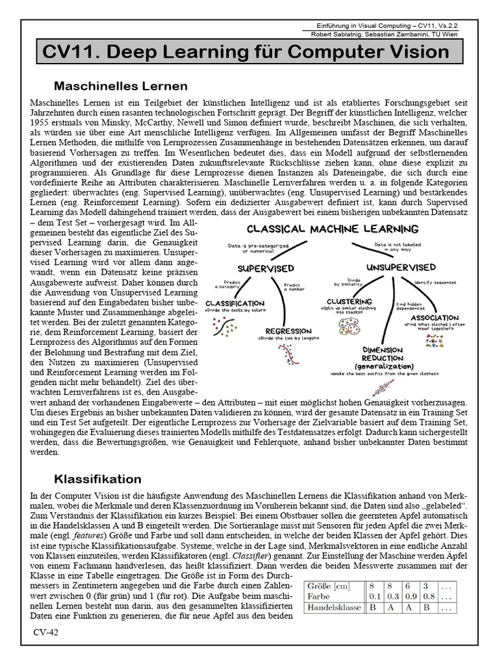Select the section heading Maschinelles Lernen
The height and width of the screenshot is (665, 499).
[x=121, y=86]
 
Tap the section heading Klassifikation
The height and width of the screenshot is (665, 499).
[x=97, y=479]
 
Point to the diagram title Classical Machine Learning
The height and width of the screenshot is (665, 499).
[x=332, y=229]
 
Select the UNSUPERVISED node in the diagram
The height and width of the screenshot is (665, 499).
[x=400, y=267]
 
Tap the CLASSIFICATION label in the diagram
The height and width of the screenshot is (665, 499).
[x=234, y=303]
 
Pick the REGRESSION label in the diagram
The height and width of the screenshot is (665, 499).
[x=286, y=331]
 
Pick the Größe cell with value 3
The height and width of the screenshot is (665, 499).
[x=425, y=584]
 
